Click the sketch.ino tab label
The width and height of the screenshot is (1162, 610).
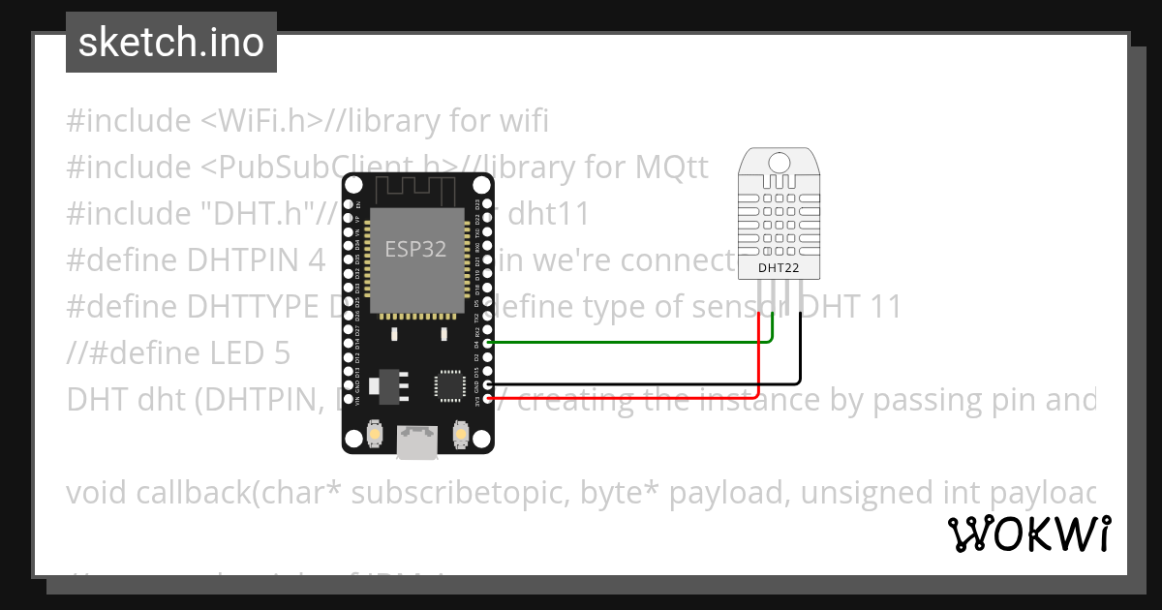point(170,43)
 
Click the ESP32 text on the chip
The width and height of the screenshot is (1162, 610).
point(415,249)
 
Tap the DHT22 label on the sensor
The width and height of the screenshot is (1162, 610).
point(779,267)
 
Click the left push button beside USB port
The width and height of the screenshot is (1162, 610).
point(374,437)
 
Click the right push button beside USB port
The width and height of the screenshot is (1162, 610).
point(462,437)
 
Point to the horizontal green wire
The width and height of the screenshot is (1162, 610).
point(629,342)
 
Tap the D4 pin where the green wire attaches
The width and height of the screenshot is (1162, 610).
point(488,342)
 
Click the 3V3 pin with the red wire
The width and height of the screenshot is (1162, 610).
point(488,397)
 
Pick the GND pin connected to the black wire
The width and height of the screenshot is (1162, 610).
point(488,383)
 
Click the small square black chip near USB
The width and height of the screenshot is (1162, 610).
point(451,384)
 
